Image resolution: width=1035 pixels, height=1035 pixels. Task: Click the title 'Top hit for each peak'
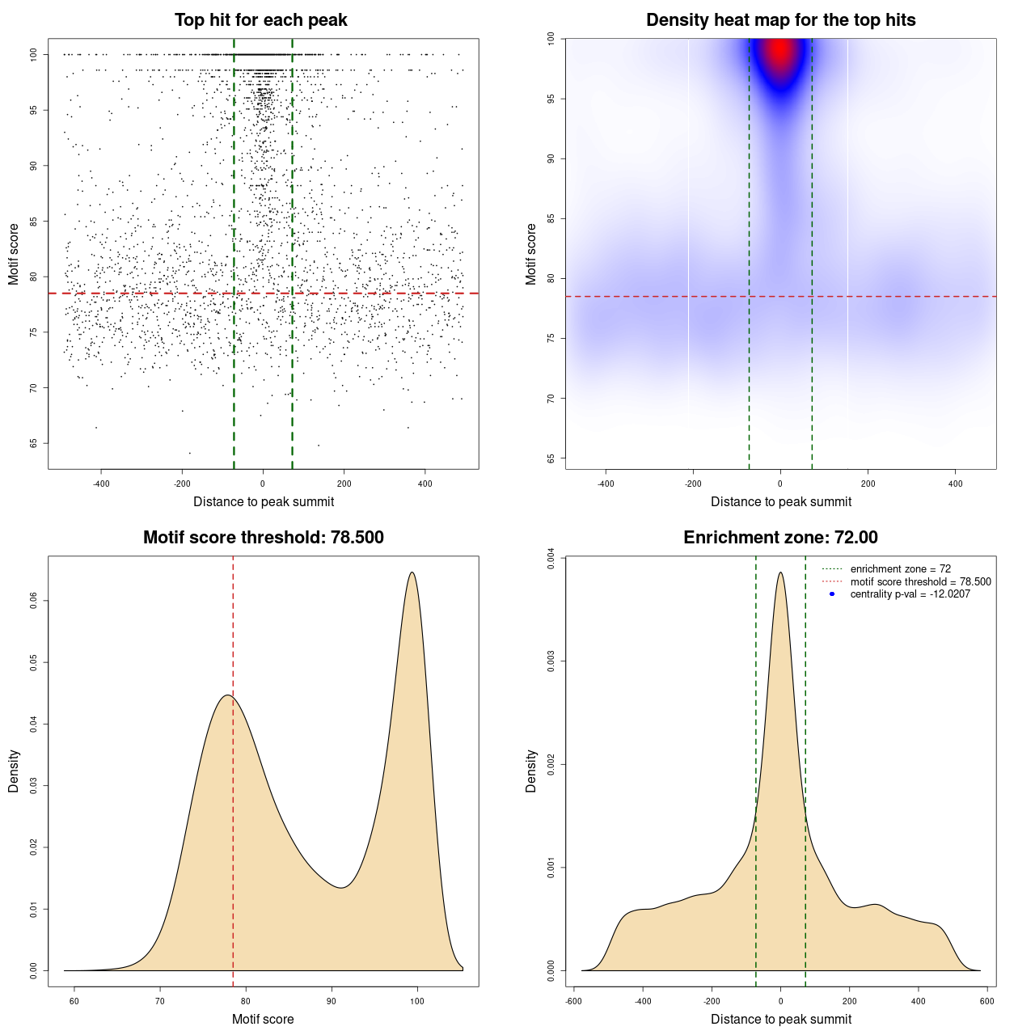[260, 20]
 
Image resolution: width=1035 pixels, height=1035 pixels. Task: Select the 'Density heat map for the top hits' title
[780, 20]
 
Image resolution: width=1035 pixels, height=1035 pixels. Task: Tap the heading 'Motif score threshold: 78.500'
[263, 538]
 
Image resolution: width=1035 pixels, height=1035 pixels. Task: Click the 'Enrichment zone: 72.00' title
[780, 538]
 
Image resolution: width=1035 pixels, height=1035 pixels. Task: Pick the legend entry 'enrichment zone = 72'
[900, 569]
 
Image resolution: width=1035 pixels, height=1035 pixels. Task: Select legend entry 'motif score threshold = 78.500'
[920, 581]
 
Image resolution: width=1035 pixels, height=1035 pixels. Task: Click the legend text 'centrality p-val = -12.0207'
[910, 594]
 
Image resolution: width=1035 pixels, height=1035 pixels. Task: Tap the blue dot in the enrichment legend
[832, 594]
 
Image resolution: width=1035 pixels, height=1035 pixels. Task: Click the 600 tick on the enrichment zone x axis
[986, 1001]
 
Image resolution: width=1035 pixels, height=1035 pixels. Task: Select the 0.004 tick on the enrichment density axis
[551, 558]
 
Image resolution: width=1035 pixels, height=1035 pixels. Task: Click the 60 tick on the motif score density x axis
[74, 1001]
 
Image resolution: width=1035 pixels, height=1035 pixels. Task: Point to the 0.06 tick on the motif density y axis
[33, 601]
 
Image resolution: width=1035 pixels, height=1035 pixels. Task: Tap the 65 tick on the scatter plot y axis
[33, 443]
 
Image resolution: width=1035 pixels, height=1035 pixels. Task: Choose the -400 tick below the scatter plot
[101, 484]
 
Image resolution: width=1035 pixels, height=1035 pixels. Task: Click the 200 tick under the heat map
[868, 484]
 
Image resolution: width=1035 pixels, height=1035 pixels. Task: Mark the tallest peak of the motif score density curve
[412, 572]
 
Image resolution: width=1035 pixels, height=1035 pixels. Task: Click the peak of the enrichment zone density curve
[780, 572]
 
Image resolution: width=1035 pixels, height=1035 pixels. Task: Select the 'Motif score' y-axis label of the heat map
[531, 254]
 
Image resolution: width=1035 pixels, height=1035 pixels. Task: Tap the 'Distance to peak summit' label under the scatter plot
[264, 501]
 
